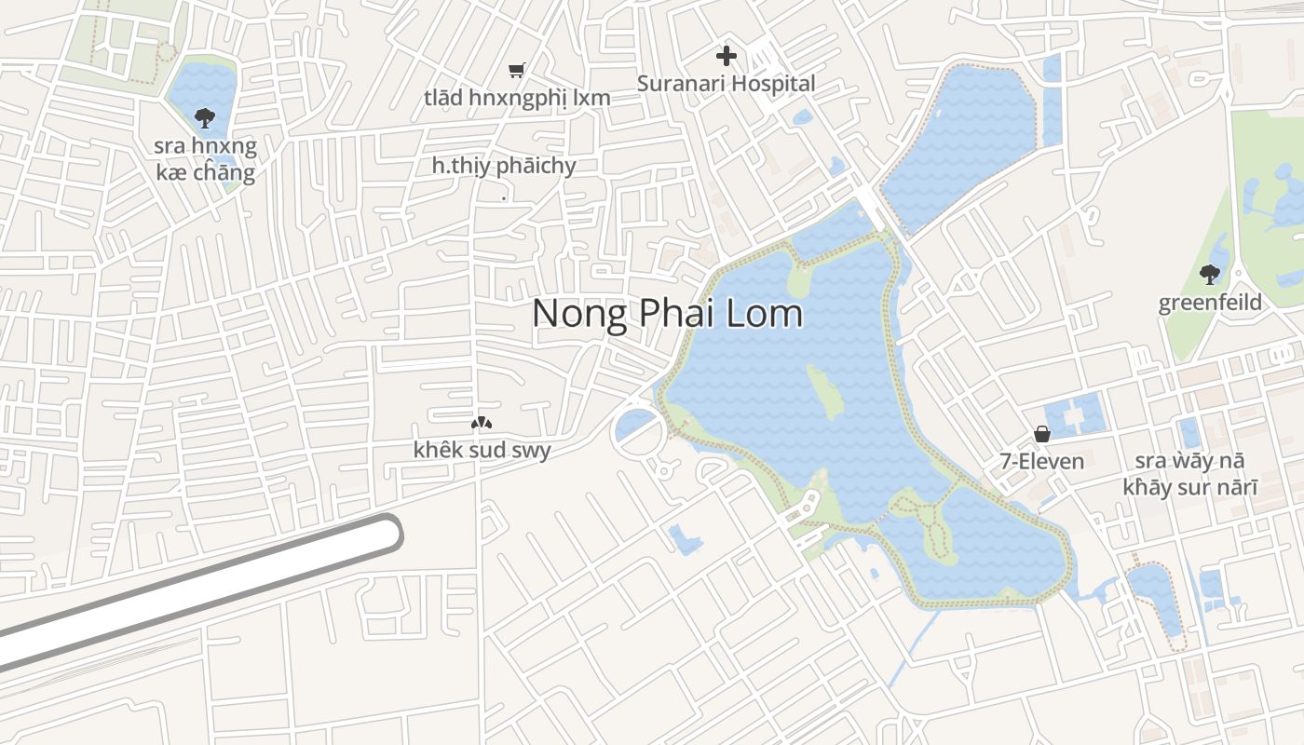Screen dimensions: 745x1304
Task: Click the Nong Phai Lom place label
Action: pyautogui.click(x=667, y=313)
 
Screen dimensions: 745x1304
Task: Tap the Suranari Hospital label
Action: pyautogui.click(x=726, y=84)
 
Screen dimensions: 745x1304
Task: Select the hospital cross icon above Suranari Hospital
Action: pyautogui.click(x=726, y=56)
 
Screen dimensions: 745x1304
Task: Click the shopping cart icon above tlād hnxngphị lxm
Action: pyautogui.click(x=517, y=70)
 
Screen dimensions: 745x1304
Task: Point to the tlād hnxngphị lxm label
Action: pyautogui.click(x=517, y=97)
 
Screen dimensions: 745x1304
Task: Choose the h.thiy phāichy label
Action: pyautogui.click(x=504, y=166)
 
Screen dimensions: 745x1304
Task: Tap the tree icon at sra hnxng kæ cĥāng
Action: pyautogui.click(x=204, y=117)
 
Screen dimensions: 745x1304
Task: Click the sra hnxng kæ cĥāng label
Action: pyautogui.click(x=206, y=159)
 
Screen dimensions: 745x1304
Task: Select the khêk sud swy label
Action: pyautogui.click(x=482, y=451)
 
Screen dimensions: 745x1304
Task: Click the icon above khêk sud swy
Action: pyautogui.click(x=481, y=424)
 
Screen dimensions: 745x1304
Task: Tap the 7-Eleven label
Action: pyautogui.click(x=1041, y=461)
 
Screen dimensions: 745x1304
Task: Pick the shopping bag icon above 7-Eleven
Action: pyautogui.click(x=1041, y=434)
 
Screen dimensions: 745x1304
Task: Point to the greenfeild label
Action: pyautogui.click(x=1210, y=303)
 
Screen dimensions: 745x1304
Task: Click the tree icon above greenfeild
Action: pyautogui.click(x=1210, y=274)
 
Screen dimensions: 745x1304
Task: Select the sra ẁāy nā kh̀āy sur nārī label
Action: pyautogui.click(x=1189, y=474)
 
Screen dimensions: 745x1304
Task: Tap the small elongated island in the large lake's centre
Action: pyautogui.click(x=825, y=392)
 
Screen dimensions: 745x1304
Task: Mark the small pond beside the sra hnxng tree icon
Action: pyautogui.click(x=202, y=93)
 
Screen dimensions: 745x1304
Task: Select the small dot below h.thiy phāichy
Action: pyautogui.click(x=504, y=198)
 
